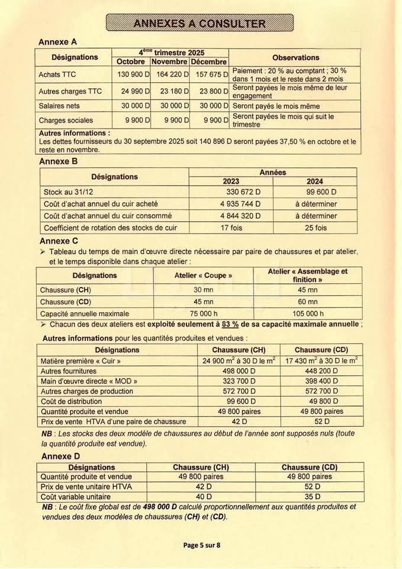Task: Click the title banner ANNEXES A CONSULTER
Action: click(x=200, y=23)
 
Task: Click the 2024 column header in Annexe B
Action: click(x=315, y=181)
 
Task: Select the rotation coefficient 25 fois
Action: click(x=315, y=228)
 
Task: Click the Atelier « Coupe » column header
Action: click(x=203, y=276)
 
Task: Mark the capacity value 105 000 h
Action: click(x=307, y=314)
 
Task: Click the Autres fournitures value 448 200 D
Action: click(x=320, y=371)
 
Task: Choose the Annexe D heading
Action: click(x=60, y=456)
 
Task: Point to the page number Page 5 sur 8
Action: click(x=201, y=545)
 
